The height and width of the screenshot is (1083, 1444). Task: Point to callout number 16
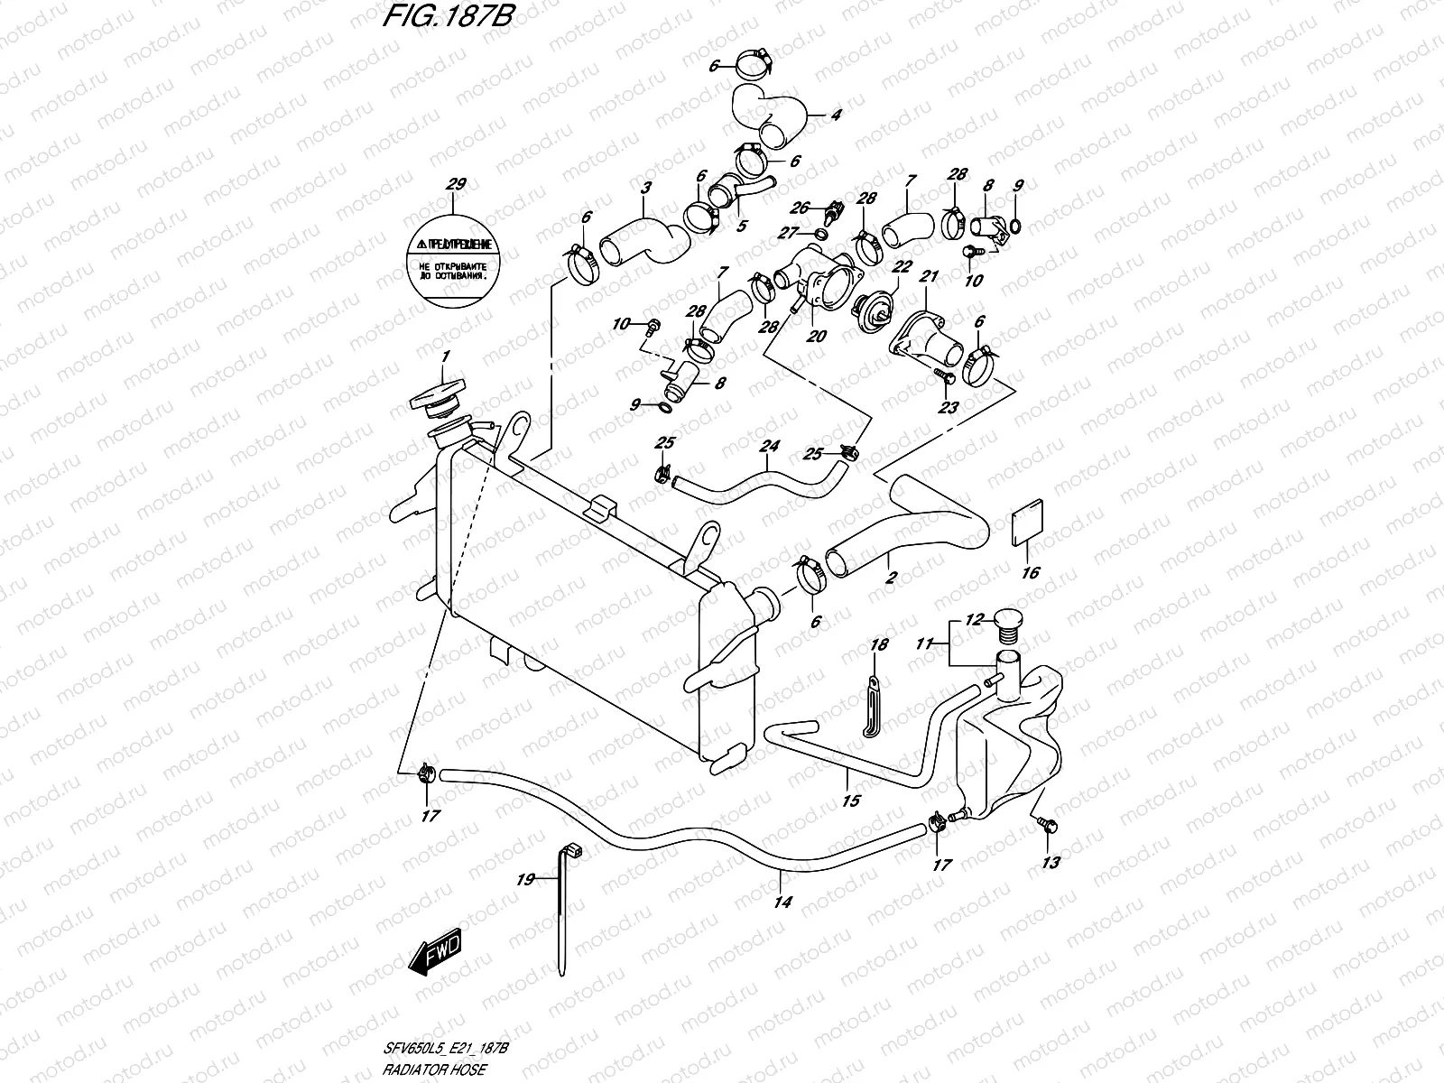[x=1031, y=572]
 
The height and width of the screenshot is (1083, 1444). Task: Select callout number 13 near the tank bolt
[x=1050, y=862]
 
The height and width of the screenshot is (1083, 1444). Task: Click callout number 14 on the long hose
[x=782, y=901]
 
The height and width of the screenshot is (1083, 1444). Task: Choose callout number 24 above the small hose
[x=768, y=445]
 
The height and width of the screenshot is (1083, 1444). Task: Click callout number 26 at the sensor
[x=801, y=207]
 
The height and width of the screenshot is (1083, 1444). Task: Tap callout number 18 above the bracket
[x=878, y=644]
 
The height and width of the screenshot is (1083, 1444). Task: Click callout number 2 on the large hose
[x=891, y=578]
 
